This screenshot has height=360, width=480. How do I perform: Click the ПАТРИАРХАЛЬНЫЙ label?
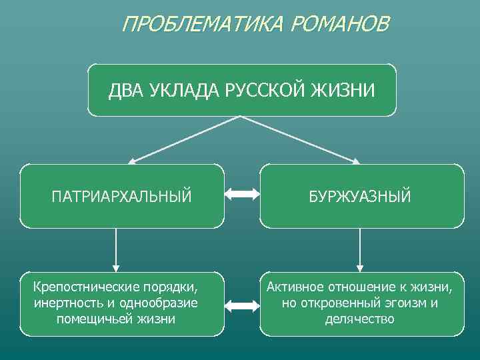click(121, 196)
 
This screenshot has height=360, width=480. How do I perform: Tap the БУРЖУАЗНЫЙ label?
click(360, 196)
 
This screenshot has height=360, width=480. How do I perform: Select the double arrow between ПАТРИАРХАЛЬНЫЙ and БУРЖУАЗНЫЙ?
click(241, 195)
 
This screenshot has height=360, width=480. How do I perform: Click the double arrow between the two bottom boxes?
click(241, 305)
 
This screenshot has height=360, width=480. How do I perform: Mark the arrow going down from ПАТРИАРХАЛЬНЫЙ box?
click(117, 249)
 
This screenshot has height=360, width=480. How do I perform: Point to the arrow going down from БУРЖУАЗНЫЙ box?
click(360, 249)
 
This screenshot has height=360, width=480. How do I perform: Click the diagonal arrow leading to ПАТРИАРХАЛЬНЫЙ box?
click(183, 139)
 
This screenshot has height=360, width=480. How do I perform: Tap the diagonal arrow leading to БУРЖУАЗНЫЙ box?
click(300, 139)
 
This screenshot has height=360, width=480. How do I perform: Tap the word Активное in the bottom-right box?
click(295, 288)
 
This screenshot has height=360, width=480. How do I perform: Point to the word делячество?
click(360, 319)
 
